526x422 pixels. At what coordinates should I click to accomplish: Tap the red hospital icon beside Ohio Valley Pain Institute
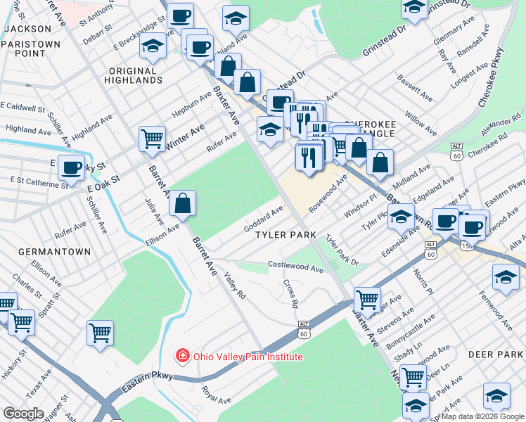(x=183, y=357)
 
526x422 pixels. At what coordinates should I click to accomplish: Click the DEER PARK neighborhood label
(x=495, y=354)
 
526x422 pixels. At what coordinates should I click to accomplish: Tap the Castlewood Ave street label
(x=295, y=268)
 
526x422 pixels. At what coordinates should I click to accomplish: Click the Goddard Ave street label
(x=263, y=219)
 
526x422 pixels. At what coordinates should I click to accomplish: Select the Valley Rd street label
(x=235, y=285)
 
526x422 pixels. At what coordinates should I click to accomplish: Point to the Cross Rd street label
(x=290, y=294)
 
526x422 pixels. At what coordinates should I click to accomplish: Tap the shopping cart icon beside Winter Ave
(x=152, y=139)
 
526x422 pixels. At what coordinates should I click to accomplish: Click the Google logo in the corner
(x=23, y=414)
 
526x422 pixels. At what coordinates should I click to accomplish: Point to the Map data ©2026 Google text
(x=482, y=416)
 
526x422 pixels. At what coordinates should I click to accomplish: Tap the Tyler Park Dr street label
(x=342, y=251)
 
